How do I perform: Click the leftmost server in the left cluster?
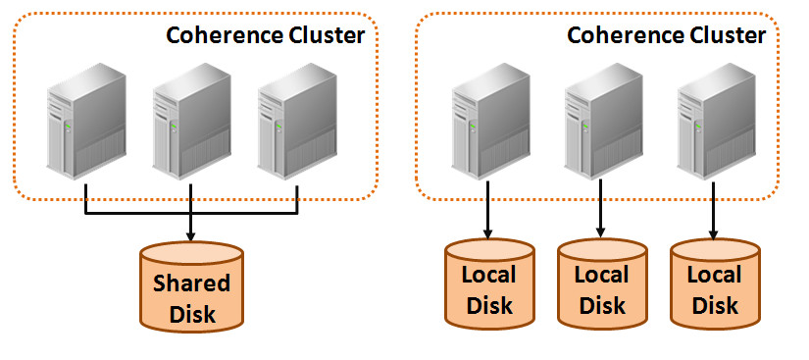[86, 123]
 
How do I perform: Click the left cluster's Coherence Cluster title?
[265, 35]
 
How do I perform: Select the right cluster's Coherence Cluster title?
[667, 35]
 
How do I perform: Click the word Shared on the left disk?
[191, 283]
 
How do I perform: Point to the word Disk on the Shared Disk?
[191, 315]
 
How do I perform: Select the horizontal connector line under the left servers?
[137, 213]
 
